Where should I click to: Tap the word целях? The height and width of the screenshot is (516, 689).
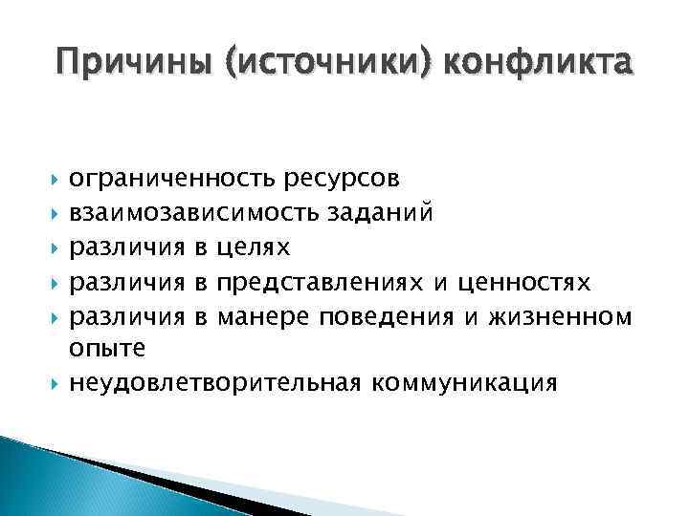(255, 247)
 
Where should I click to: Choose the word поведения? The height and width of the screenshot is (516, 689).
(396, 315)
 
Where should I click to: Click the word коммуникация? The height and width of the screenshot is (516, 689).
(461, 383)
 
